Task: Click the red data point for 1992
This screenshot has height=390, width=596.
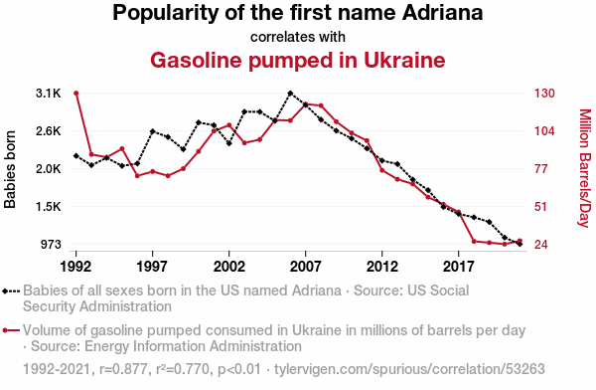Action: pos(76,94)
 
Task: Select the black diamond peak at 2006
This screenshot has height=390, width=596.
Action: pos(290,94)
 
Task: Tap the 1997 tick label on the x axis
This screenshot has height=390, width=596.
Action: pos(152,267)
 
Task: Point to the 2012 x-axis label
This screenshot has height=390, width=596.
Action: pos(382,267)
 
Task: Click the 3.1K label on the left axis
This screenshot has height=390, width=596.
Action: pos(49,94)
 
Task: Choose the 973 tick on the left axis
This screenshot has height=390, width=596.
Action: pos(51,244)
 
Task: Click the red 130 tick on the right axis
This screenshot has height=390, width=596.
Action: pos(544,94)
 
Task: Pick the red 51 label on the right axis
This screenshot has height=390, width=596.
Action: pos(540,207)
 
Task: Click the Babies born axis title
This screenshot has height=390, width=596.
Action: pos(10,169)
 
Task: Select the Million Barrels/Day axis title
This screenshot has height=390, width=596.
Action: pos(585,168)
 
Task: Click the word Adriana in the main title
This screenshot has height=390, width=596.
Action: pos(442,13)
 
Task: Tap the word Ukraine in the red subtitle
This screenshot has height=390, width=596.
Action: pos(404,60)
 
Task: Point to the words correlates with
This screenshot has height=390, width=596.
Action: pos(298,37)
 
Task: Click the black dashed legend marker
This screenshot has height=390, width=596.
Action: pos(11,292)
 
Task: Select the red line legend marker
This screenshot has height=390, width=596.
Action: pos(11,330)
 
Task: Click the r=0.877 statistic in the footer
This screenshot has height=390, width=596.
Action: pos(123,369)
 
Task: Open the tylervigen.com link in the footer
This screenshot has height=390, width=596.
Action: pos(409,369)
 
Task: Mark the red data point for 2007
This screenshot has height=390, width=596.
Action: pos(305,104)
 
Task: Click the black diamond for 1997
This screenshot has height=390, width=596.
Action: pos(152,131)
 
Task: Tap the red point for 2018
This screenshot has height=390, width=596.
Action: pos(474,241)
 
